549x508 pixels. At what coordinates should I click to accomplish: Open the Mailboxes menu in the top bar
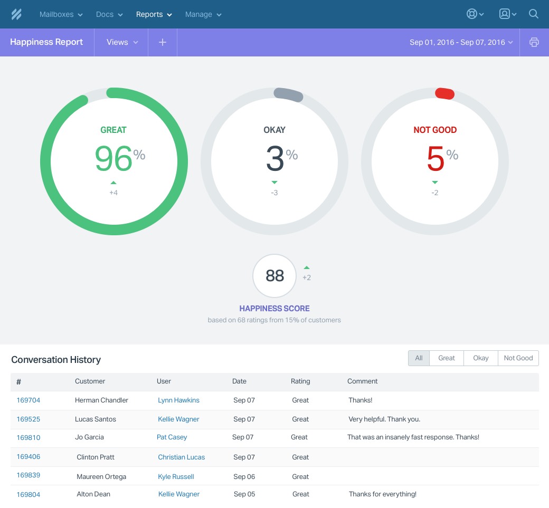61,14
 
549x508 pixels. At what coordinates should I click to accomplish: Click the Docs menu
109,14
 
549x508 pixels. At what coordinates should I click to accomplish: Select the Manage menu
203,14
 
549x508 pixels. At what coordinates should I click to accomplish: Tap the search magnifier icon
534,14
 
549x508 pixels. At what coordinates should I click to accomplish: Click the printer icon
534,42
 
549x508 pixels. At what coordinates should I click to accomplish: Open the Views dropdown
122,42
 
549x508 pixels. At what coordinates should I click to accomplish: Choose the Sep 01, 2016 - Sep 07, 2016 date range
461,42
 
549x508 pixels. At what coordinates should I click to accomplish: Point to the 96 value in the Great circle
113,159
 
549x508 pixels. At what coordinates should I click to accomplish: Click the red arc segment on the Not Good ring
444,93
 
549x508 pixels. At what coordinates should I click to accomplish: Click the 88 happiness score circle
274,276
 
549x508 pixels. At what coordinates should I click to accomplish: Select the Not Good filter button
518,358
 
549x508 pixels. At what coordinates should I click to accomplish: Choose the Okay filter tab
480,358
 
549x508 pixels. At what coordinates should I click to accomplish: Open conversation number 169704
29,400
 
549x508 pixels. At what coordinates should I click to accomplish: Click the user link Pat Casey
172,437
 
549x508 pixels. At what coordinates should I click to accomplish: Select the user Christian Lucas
181,457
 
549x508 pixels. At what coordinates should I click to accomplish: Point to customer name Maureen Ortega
101,477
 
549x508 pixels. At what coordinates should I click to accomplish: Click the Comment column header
362,381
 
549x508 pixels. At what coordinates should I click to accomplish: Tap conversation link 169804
29,495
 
